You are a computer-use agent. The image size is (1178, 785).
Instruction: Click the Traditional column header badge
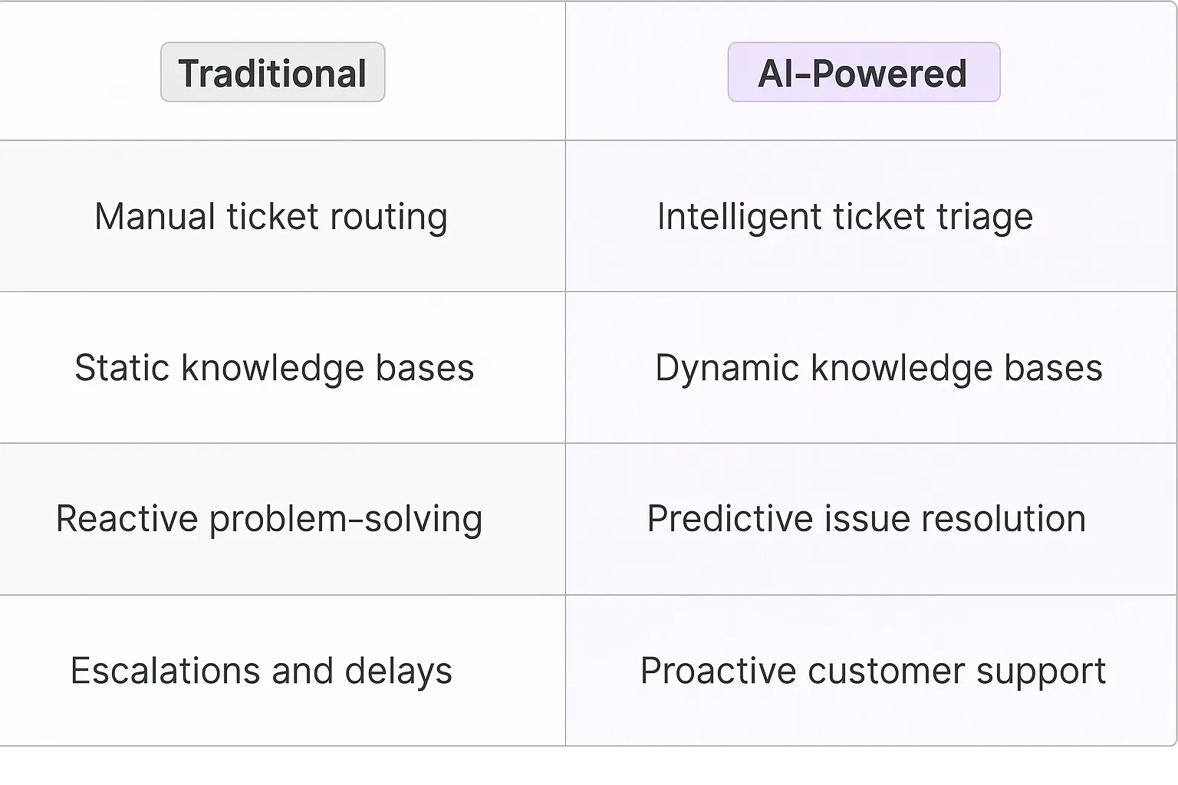pos(272,72)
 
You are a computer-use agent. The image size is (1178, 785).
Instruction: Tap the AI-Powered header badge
pos(864,72)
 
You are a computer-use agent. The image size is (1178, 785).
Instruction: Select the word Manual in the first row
pos(155,216)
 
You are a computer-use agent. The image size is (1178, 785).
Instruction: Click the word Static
pos(122,367)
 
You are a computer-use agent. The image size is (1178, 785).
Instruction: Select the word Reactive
pos(127,519)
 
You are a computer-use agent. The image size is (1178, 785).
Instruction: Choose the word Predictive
pos(730,519)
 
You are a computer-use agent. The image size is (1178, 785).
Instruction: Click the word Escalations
pos(165,671)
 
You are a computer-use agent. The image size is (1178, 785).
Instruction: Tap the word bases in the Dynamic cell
pos(1053,367)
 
